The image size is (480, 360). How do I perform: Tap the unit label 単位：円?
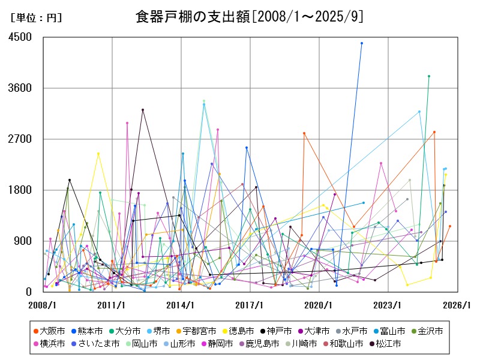pos(36,18)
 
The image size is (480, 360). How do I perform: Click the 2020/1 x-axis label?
pos(319,305)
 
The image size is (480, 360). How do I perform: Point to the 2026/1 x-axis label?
pos(457,305)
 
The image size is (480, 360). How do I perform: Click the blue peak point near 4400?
pos(362,43)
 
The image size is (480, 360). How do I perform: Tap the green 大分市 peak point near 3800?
pos(429,76)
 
